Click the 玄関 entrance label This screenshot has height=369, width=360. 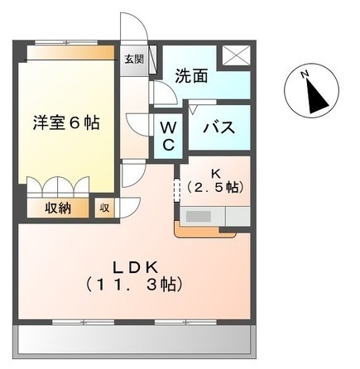pyautogui.click(x=134, y=60)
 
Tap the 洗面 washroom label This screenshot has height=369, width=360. pyautogui.click(x=192, y=76)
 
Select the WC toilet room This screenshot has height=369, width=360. pyautogui.click(x=168, y=137)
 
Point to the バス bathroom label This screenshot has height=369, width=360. pyautogui.click(x=219, y=127)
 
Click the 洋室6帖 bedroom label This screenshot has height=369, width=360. pyautogui.click(x=66, y=122)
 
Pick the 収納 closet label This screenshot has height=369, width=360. pyautogui.click(x=58, y=208)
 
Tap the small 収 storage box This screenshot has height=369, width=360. pyautogui.click(x=104, y=208)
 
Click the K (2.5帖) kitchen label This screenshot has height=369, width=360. pyautogui.click(x=216, y=181)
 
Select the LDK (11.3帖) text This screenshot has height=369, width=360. pyautogui.click(x=134, y=276)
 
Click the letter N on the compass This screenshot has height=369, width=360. pyautogui.click(x=305, y=74)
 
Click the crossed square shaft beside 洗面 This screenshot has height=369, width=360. pyautogui.click(x=236, y=55)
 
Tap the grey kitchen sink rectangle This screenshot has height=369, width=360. pyautogui.click(x=199, y=216)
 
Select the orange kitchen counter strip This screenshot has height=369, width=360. pyautogui.click(x=204, y=232)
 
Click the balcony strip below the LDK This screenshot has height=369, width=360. pyautogui.click(x=134, y=340)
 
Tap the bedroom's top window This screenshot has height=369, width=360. pyautogui.click(x=66, y=43)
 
